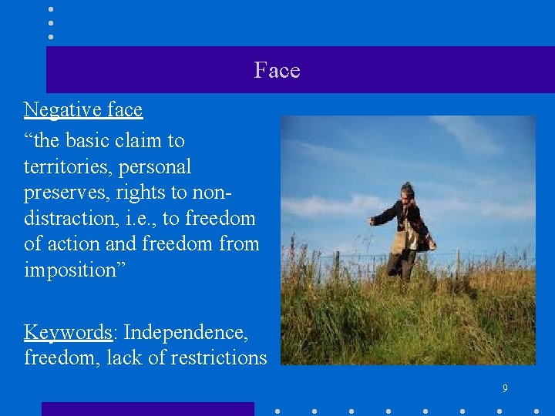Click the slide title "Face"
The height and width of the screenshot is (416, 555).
coord(277,71)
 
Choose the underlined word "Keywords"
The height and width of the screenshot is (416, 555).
coord(69,333)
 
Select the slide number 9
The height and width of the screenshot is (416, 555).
coord(505,388)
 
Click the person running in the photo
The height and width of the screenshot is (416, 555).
coord(404,231)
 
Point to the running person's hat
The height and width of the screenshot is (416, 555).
coord(406,188)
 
